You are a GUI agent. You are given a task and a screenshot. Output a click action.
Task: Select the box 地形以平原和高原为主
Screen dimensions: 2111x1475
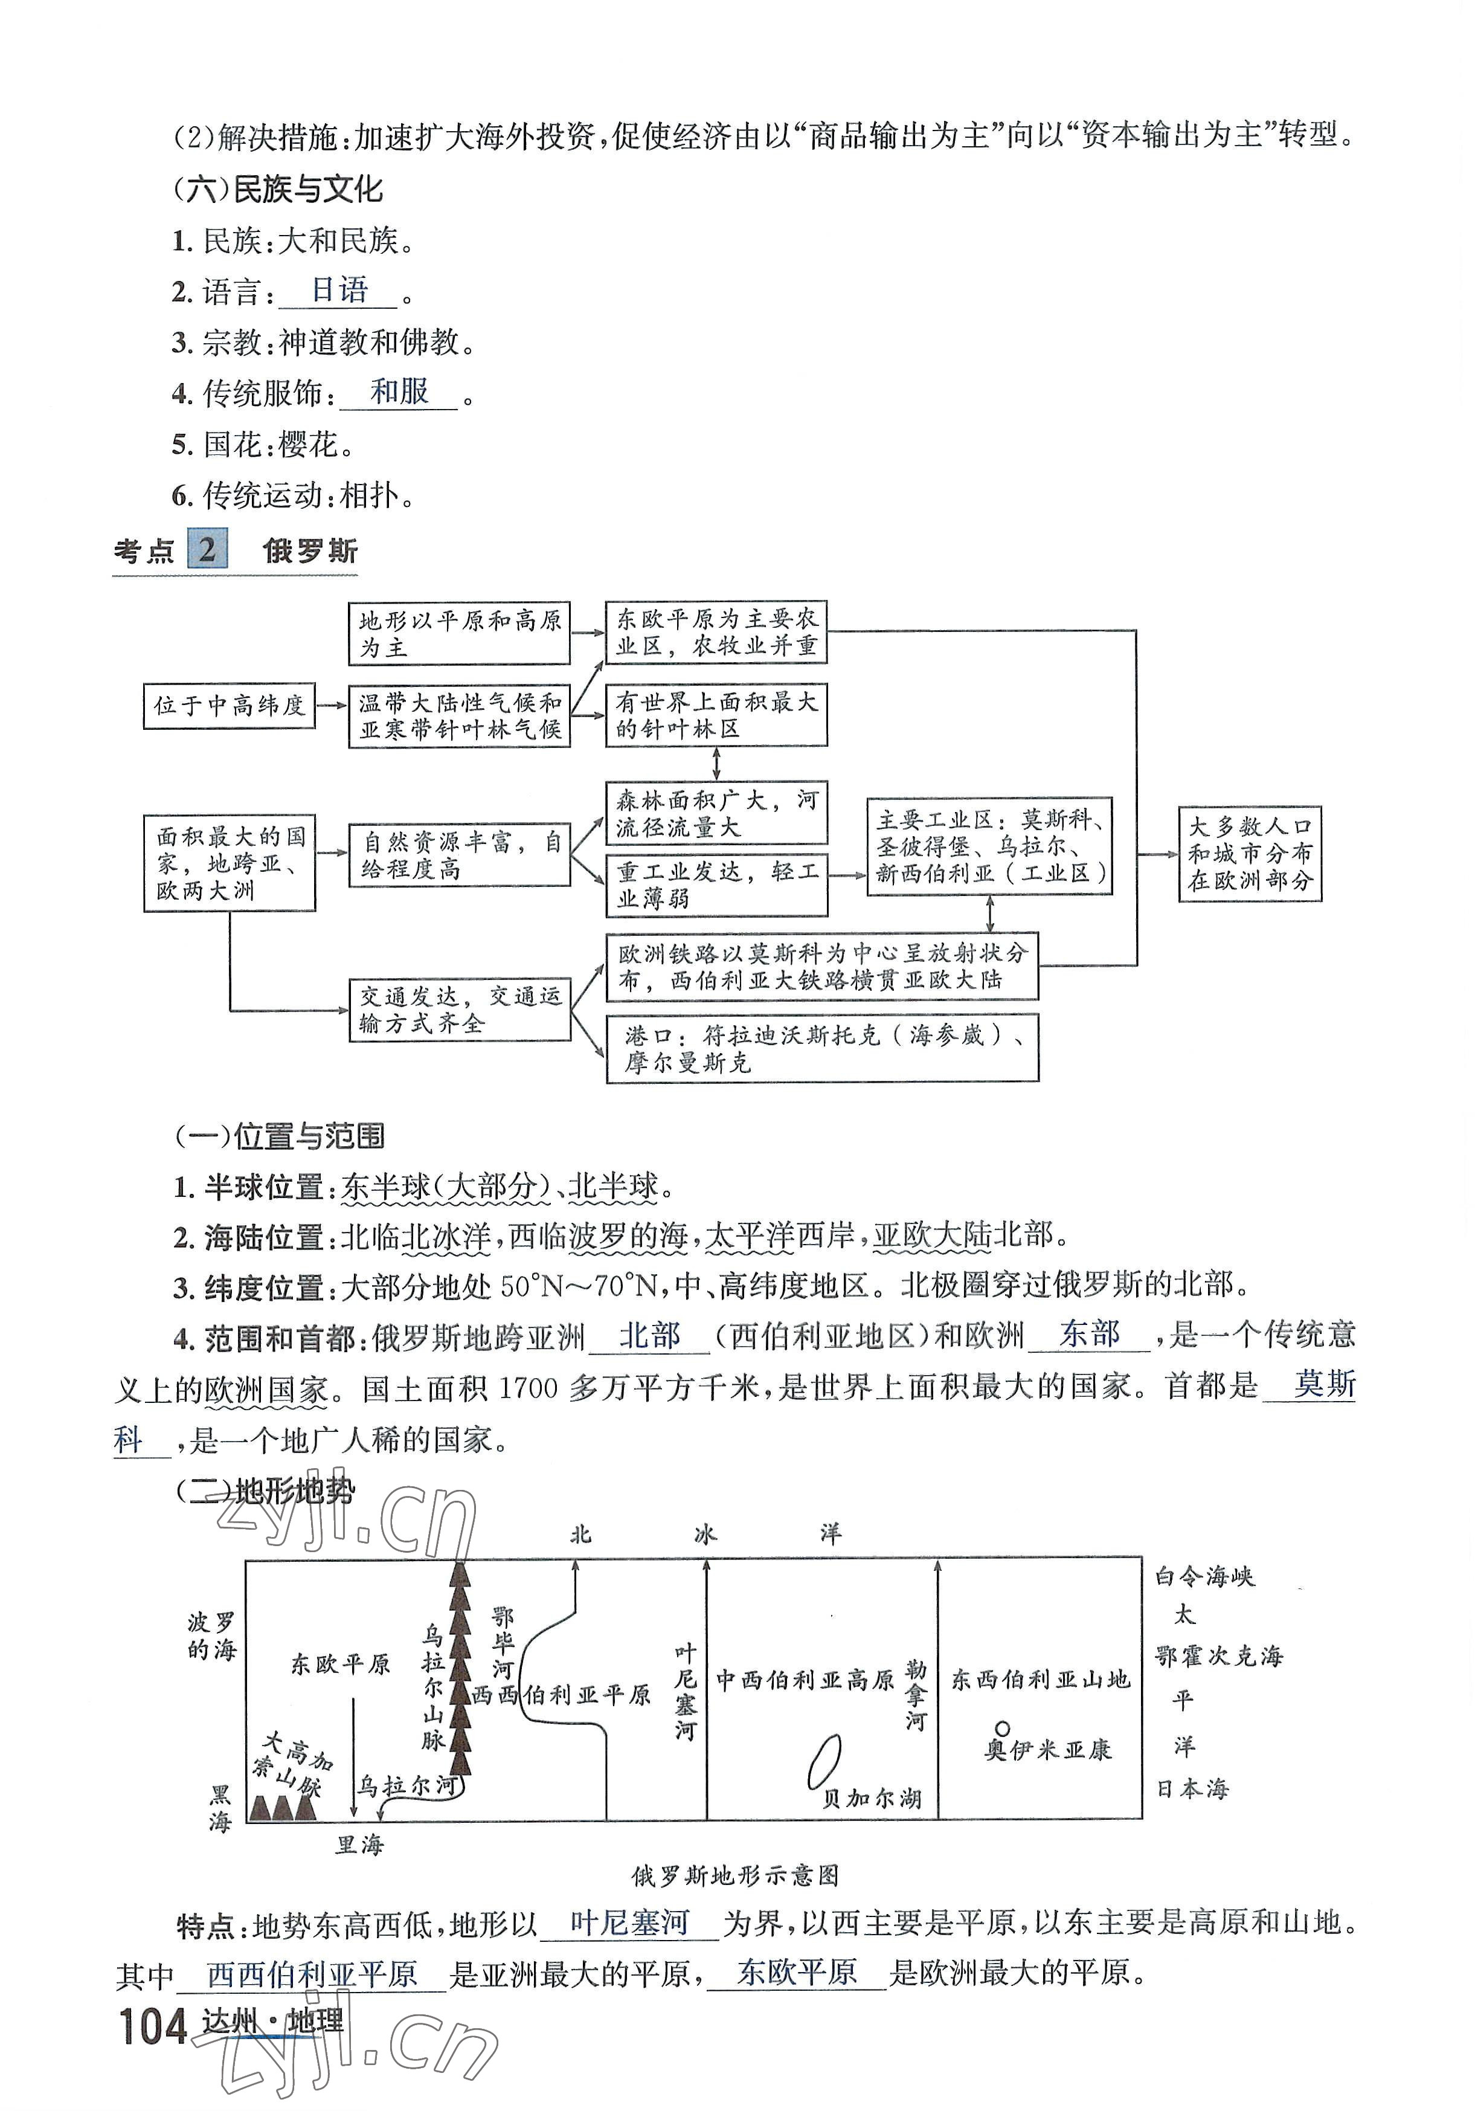pos(460,634)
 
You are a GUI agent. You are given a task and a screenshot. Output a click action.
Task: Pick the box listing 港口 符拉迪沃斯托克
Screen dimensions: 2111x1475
pos(823,1048)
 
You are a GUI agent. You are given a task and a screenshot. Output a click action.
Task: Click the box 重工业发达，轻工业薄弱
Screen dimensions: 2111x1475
pos(717,885)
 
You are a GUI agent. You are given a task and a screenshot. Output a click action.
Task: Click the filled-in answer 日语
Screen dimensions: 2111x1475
pos(339,291)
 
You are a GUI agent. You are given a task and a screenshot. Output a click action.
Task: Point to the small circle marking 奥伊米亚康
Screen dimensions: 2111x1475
pos(1003,1729)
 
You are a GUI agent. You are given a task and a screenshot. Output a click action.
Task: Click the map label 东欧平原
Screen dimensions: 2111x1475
pos(340,1664)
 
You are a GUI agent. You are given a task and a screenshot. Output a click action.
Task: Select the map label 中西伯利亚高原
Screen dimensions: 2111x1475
pos(805,1680)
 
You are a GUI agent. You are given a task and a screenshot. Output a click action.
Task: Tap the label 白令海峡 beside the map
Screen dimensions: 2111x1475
pos(1204,1577)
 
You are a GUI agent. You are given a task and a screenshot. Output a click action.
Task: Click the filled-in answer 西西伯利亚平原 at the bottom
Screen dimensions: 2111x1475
pos(312,1974)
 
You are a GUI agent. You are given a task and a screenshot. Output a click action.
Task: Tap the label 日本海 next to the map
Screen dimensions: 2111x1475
pos(1192,1788)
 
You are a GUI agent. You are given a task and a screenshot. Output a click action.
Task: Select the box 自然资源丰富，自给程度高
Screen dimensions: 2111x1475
pos(460,855)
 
